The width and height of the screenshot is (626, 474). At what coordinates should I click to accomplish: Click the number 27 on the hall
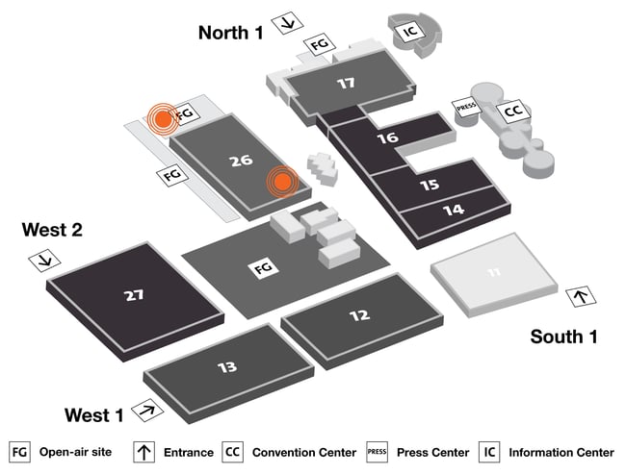pos(134,295)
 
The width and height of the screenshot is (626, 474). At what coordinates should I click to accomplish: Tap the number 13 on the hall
pos(227,366)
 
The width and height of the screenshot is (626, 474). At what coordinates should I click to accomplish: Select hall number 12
pos(359,315)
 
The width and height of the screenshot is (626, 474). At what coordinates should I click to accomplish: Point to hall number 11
pos(494,273)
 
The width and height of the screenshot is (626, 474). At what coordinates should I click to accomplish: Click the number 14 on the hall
pos(454,209)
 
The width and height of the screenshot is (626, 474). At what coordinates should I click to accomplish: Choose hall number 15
pos(430,184)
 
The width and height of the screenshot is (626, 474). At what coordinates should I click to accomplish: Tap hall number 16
pos(388,138)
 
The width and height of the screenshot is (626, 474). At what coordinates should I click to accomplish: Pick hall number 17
pos(346,84)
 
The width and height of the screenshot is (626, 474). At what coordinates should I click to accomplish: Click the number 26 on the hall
pos(241,161)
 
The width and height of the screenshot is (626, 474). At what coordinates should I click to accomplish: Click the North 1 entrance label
pos(230,32)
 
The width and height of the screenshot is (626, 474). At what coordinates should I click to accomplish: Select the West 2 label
pos(52,230)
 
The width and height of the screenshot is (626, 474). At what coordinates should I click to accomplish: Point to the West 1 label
pos(93,415)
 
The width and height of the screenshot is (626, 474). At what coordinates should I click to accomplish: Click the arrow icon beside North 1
pos(287,24)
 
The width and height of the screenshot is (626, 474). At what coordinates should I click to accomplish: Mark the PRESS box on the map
pos(466,109)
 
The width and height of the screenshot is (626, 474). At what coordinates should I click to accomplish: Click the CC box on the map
pos(514,111)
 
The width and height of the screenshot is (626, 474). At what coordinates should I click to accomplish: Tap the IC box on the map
pos(410,31)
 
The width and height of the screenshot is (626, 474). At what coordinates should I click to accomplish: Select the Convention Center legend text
pos(303,452)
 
